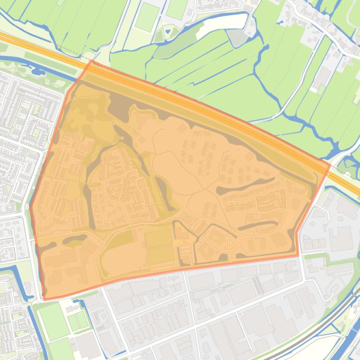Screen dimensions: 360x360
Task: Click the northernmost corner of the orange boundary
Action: click(x=91, y=60)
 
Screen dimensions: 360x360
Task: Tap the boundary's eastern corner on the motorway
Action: click(x=331, y=164)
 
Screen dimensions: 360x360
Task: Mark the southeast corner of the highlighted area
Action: click(x=298, y=255)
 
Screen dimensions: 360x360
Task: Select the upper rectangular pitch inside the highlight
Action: click(x=158, y=238)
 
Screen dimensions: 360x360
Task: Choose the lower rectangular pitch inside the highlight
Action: click(x=161, y=255)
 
